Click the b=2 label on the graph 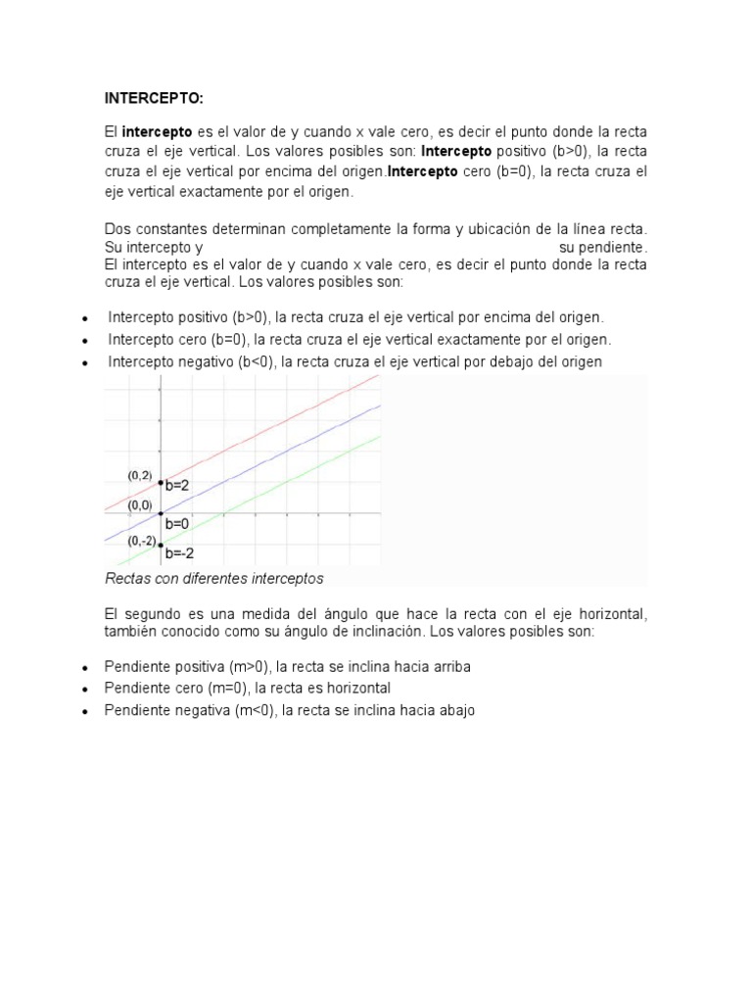[x=177, y=485]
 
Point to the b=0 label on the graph [x=177, y=524]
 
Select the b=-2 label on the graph [x=179, y=551]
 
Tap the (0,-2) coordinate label [x=140, y=542]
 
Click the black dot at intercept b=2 [x=161, y=482]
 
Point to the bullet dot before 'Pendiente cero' [x=86, y=690]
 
